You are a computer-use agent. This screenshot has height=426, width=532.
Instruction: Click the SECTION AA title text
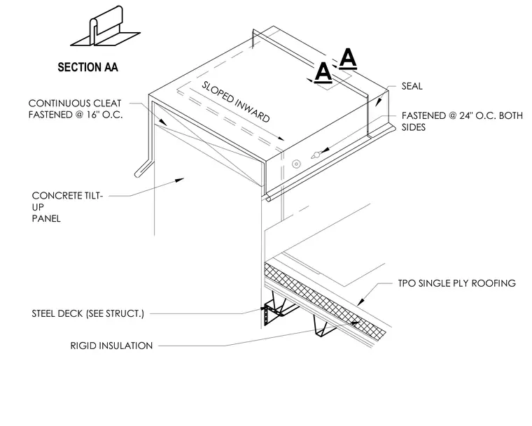click(88, 67)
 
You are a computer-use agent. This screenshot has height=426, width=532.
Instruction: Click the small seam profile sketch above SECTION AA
click(105, 27)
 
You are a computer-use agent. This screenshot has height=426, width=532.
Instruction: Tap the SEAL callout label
click(412, 86)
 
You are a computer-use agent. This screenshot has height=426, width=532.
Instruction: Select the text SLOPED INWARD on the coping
click(236, 101)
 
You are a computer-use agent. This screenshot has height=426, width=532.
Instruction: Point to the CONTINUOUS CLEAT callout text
click(76, 109)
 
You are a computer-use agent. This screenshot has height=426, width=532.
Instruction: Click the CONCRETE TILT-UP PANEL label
click(67, 207)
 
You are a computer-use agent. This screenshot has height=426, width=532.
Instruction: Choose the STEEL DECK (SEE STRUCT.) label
click(88, 313)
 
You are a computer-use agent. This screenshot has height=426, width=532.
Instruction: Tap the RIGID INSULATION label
click(111, 346)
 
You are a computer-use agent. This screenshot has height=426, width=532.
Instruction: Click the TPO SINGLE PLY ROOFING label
click(456, 283)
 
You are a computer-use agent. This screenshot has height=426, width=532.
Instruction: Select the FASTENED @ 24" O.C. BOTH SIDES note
click(462, 121)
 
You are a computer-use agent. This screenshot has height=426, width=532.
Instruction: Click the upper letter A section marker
click(348, 58)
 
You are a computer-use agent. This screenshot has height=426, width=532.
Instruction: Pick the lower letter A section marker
click(323, 72)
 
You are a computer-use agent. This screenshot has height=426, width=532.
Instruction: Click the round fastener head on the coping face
click(296, 164)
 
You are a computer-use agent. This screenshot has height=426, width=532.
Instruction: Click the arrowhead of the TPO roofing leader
click(361, 301)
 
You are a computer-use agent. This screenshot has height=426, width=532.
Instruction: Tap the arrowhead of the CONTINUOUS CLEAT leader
click(163, 122)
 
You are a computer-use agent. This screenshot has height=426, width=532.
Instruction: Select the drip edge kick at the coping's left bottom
click(143, 168)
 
